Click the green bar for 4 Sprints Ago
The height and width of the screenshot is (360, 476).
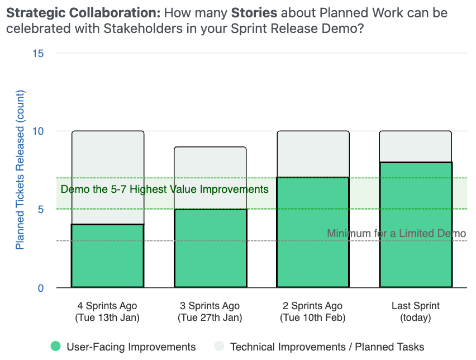(x=107, y=256)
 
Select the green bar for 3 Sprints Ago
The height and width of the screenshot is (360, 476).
(x=210, y=248)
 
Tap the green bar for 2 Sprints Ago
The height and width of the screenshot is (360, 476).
(x=313, y=233)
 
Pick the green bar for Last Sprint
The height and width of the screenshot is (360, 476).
(x=416, y=225)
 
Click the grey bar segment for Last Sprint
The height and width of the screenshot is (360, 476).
(x=416, y=146)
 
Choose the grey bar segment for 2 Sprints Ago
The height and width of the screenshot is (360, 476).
(x=313, y=154)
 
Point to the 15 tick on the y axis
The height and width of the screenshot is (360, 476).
(x=39, y=53)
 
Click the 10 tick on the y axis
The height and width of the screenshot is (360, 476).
(x=39, y=131)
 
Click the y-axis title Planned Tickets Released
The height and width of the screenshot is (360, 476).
(x=20, y=170)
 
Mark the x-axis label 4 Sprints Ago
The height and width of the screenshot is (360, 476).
(x=107, y=306)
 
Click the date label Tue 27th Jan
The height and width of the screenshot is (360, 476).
(x=210, y=318)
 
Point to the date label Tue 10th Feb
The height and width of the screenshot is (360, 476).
(x=313, y=318)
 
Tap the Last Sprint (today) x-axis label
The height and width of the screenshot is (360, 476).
(x=416, y=312)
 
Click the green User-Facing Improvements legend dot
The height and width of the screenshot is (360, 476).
(x=55, y=347)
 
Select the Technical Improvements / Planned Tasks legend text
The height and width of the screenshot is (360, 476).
(x=327, y=347)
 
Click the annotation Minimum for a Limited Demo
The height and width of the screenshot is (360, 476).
(x=396, y=233)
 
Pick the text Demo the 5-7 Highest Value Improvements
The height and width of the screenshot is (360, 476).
(x=164, y=190)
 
